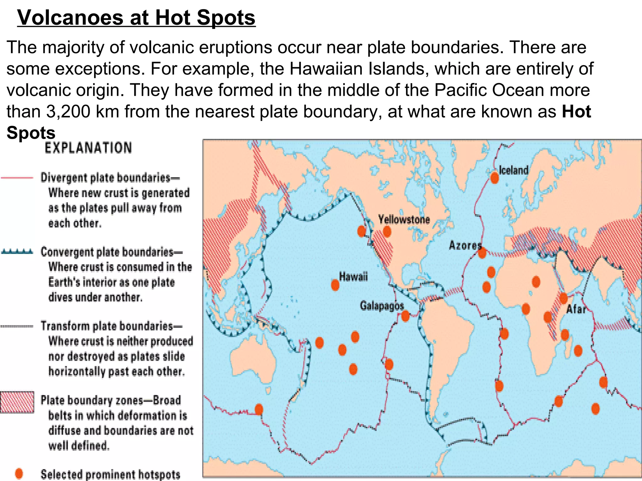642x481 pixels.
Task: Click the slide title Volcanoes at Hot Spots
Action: point(136,18)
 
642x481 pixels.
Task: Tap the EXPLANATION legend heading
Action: point(88,148)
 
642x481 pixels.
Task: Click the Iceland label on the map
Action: point(513,170)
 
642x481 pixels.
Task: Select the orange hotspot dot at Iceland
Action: point(495,178)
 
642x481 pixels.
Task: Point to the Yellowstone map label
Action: point(404,220)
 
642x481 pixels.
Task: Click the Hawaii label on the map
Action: point(353,277)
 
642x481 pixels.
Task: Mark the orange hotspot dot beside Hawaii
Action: point(335,285)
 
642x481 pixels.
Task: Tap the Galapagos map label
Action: point(382,306)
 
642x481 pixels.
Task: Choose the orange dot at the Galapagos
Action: point(405,316)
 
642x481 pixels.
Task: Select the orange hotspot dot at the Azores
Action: point(482,252)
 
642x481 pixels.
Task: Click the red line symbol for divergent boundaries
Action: point(17,178)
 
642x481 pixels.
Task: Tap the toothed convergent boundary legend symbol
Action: point(17,251)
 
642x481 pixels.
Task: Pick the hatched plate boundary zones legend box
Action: point(17,402)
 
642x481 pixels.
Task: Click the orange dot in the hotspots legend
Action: point(19,474)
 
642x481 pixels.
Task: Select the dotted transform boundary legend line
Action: point(17,326)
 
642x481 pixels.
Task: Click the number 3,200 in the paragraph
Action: point(68,111)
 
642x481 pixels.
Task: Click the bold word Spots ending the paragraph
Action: point(31,133)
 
